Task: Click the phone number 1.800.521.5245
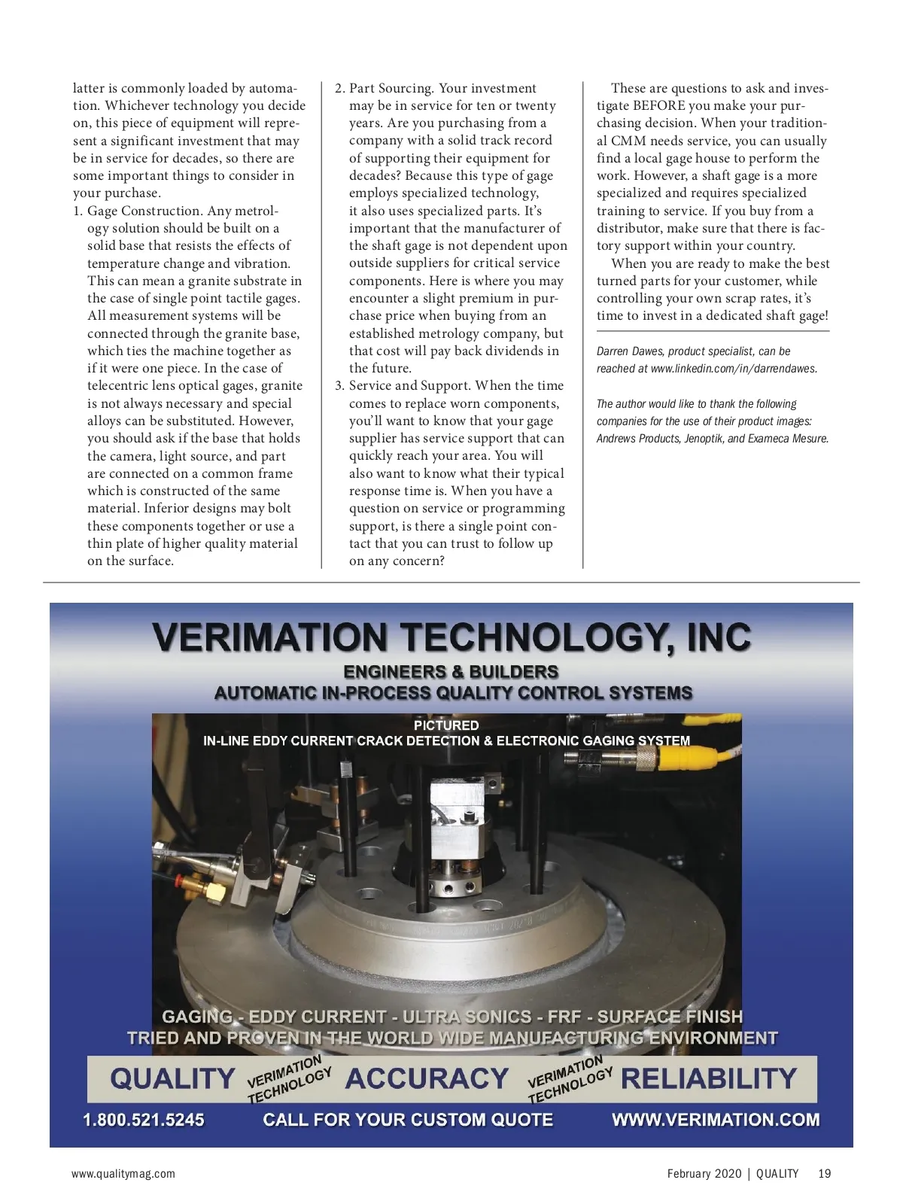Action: [143, 1120]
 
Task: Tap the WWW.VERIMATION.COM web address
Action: [716, 1120]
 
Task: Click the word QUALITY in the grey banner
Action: [172, 1079]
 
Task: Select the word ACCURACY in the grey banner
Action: [427, 1079]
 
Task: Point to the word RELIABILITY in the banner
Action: [708, 1079]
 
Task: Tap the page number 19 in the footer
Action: [825, 1173]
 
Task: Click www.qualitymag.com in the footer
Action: [123, 1173]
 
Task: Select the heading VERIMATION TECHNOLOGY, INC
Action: [451, 637]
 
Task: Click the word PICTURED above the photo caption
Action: [446, 725]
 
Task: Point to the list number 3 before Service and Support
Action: [339, 386]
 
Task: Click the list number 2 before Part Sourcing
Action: [339, 89]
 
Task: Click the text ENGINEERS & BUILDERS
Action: [451, 672]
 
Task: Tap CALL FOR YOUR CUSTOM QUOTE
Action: [408, 1120]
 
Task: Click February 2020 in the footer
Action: [704, 1173]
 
